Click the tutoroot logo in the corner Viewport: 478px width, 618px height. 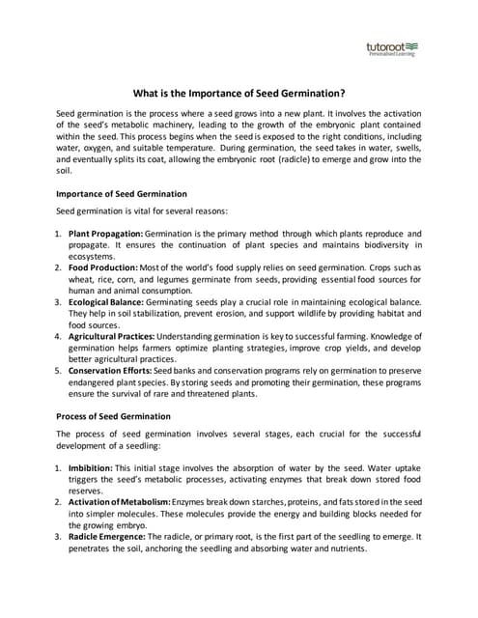coord(392,48)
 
